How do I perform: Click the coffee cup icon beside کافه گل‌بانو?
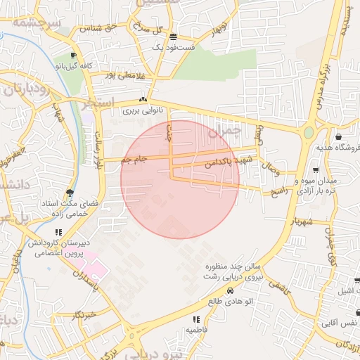pyautogui.click(x=73, y=56)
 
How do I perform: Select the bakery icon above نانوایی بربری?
pyautogui.click(x=144, y=100)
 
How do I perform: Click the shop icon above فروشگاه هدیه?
pyautogui.click(x=340, y=136)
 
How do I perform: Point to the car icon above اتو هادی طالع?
pyautogui.click(x=230, y=291)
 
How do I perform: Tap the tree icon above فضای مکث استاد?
pyautogui.click(x=69, y=192)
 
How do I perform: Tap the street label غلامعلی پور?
pyautogui.click(x=125, y=75)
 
